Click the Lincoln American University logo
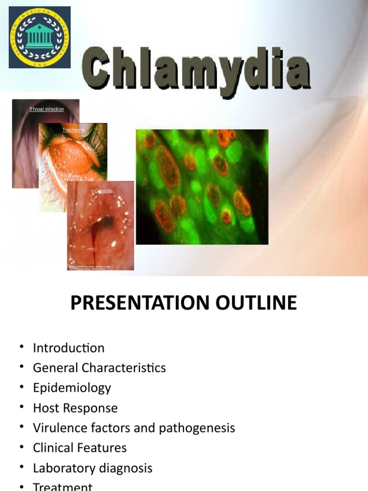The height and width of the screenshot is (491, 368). click(x=40, y=37)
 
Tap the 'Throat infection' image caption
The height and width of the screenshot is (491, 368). click(x=46, y=109)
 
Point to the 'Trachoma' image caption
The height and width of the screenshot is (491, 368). click(x=73, y=130)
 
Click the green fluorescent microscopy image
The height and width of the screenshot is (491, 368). click(x=202, y=187)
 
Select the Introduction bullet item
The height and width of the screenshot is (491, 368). click(x=69, y=348)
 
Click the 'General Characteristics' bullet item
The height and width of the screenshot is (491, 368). click(x=99, y=368)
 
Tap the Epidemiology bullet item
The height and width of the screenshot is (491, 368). click(x=72, y=388)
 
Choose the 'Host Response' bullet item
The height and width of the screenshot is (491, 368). click(x=75, y=408)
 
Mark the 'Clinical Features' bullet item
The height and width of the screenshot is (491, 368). click(x=80, y=448)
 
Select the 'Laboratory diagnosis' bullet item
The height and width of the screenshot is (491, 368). click(x=92, y=468)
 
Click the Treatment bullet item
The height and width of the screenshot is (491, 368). click(x=62, y=486)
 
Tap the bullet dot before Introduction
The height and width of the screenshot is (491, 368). click(x=22, y=348)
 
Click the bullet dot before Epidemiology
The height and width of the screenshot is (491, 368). click(x=22, y=388)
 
